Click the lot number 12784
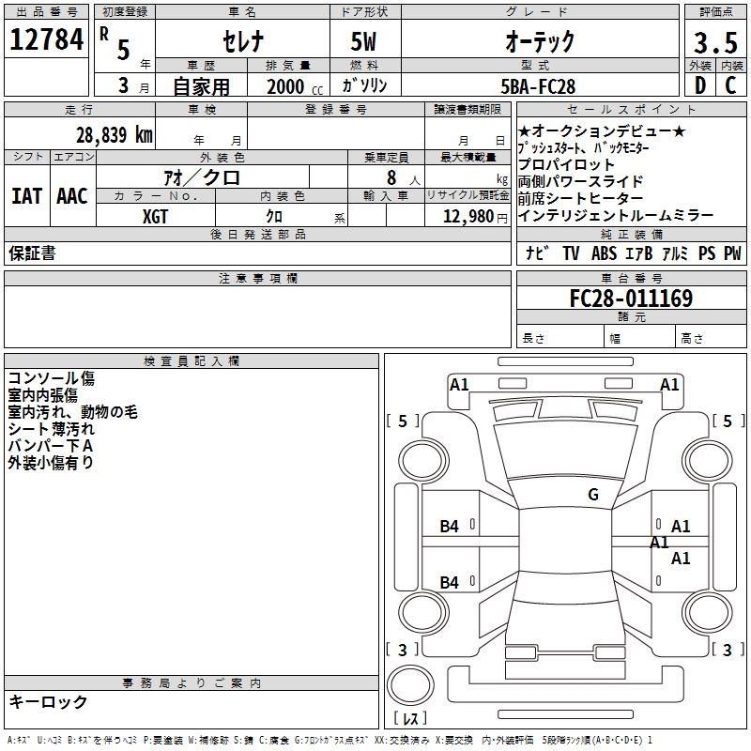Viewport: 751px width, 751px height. (46, 39)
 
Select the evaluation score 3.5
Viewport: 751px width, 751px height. (715, 42)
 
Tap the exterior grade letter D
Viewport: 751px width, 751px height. (700, 85)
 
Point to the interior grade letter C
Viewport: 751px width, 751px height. (730, 85)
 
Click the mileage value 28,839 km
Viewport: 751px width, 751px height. (115, 135)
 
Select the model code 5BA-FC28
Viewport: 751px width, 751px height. (538, 86)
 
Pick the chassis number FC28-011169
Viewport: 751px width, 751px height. (631, 299)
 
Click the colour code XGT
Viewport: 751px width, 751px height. (155, 217)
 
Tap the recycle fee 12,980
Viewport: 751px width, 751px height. (468, 217)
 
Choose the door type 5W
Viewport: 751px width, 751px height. (363, 41)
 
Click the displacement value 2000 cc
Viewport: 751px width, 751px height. (295, 87)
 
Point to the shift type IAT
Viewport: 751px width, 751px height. (26, 196)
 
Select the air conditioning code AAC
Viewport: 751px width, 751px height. (72, 196)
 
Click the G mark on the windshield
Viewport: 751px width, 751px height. (593, 495)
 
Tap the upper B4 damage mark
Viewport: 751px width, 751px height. (450, 527)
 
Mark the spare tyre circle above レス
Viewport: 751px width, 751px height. (410, 685)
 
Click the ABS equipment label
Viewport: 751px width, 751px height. (604, 253)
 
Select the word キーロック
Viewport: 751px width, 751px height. (49, 701)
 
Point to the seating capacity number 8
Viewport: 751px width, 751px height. (391, 177)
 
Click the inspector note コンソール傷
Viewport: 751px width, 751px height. (52, 378)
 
